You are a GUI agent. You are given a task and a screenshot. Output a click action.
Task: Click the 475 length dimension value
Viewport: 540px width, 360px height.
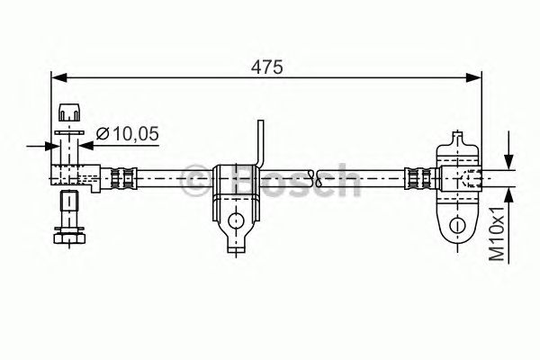point(266,67)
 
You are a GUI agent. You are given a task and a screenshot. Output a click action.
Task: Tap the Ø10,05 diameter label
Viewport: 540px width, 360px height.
point(128,133)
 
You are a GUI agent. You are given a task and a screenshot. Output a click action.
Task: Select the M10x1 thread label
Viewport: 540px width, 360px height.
point(497,234)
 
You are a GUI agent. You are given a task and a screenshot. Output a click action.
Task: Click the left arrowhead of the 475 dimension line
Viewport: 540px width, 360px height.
point(58,78)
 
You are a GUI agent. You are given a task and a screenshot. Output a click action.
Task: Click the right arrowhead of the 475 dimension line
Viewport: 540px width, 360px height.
point(473,78)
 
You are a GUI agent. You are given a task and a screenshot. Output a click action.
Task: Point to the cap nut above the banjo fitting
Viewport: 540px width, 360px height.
point(69,112)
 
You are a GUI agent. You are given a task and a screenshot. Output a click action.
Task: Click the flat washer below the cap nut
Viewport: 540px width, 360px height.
point(69,132)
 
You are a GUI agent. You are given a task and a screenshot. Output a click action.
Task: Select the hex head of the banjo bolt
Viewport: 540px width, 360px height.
point(69,238)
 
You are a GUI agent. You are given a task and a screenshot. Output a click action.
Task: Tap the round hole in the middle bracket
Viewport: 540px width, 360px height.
point(236,220)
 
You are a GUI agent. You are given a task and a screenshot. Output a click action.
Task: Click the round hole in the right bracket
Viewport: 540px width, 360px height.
point(457,225)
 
